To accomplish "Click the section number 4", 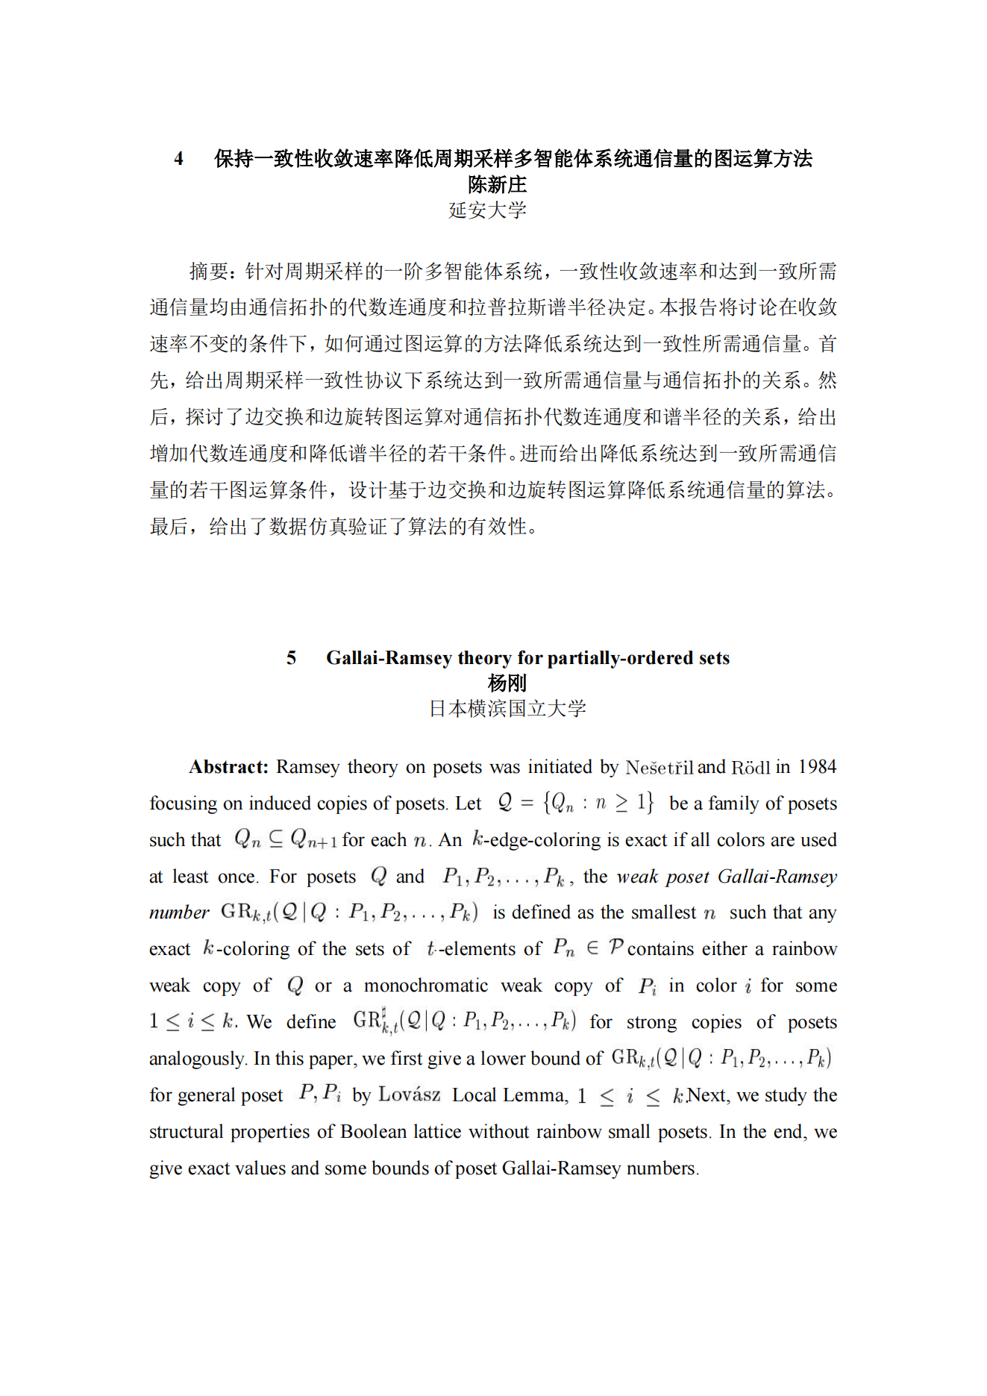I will (x=179, y=159).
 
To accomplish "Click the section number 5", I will (x=291, y=657).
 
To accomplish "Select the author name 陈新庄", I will (x=497, y=184).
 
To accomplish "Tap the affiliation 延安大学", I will (x=488, y=210).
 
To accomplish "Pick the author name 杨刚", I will (x=507, y=683).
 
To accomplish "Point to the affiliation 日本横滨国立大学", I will (x=507, y=709).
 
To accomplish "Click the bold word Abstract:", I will (x=228, y=767).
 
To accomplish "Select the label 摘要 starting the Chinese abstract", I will (x=208, y=272).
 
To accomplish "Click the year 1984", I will (x=817, y=767).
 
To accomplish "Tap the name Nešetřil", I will (x=659, y=768).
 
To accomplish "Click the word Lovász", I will (x=409, y=1095).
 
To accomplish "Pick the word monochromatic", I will (x=426, y=986).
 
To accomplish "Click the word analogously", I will (x=197, y=1059).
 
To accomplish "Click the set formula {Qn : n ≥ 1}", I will (x=598, y=803).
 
